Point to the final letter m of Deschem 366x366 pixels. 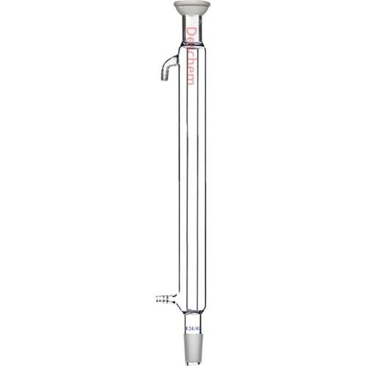coord(191,80)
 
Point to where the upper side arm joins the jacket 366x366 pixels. coord(177,59)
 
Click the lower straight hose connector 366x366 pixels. coord(167,298)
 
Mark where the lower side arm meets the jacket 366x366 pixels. coord(176,298)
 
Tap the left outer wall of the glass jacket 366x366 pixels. coord(178,183)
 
